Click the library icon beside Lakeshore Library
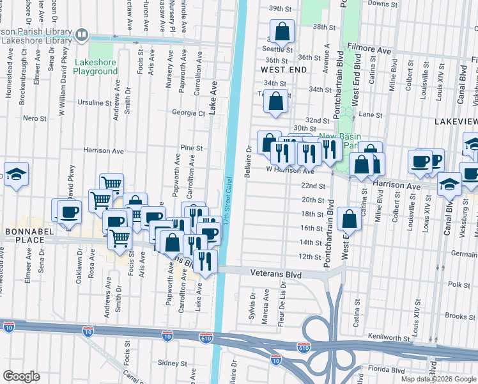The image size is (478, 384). [x=81, y=35]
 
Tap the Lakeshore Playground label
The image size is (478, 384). [x=96, y=67]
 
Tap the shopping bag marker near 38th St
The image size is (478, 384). [x=282, y=31]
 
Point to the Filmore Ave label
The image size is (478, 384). [x=369, y=48]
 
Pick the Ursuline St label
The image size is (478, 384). [x=95, y=102]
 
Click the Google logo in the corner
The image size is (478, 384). [x=21, y=376]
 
